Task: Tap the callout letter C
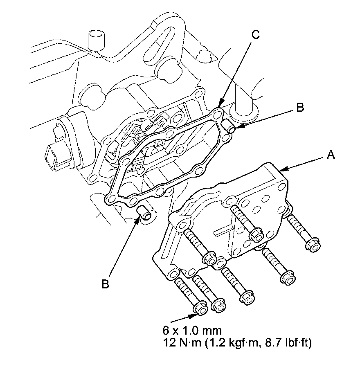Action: [255, 36]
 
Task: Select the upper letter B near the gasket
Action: [300, 108]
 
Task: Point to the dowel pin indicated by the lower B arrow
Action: [145, 213]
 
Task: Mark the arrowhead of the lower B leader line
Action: [138, 221]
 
